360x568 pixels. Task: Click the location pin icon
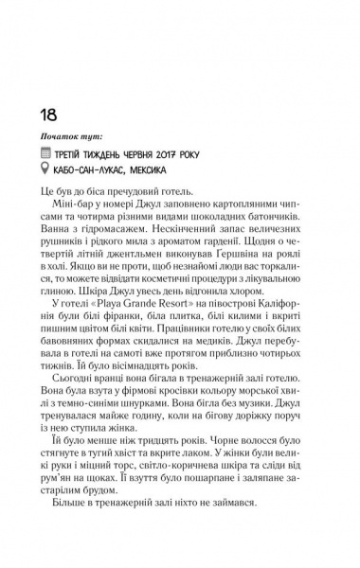point(63,191)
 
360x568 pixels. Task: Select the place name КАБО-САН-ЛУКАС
point(115,191)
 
